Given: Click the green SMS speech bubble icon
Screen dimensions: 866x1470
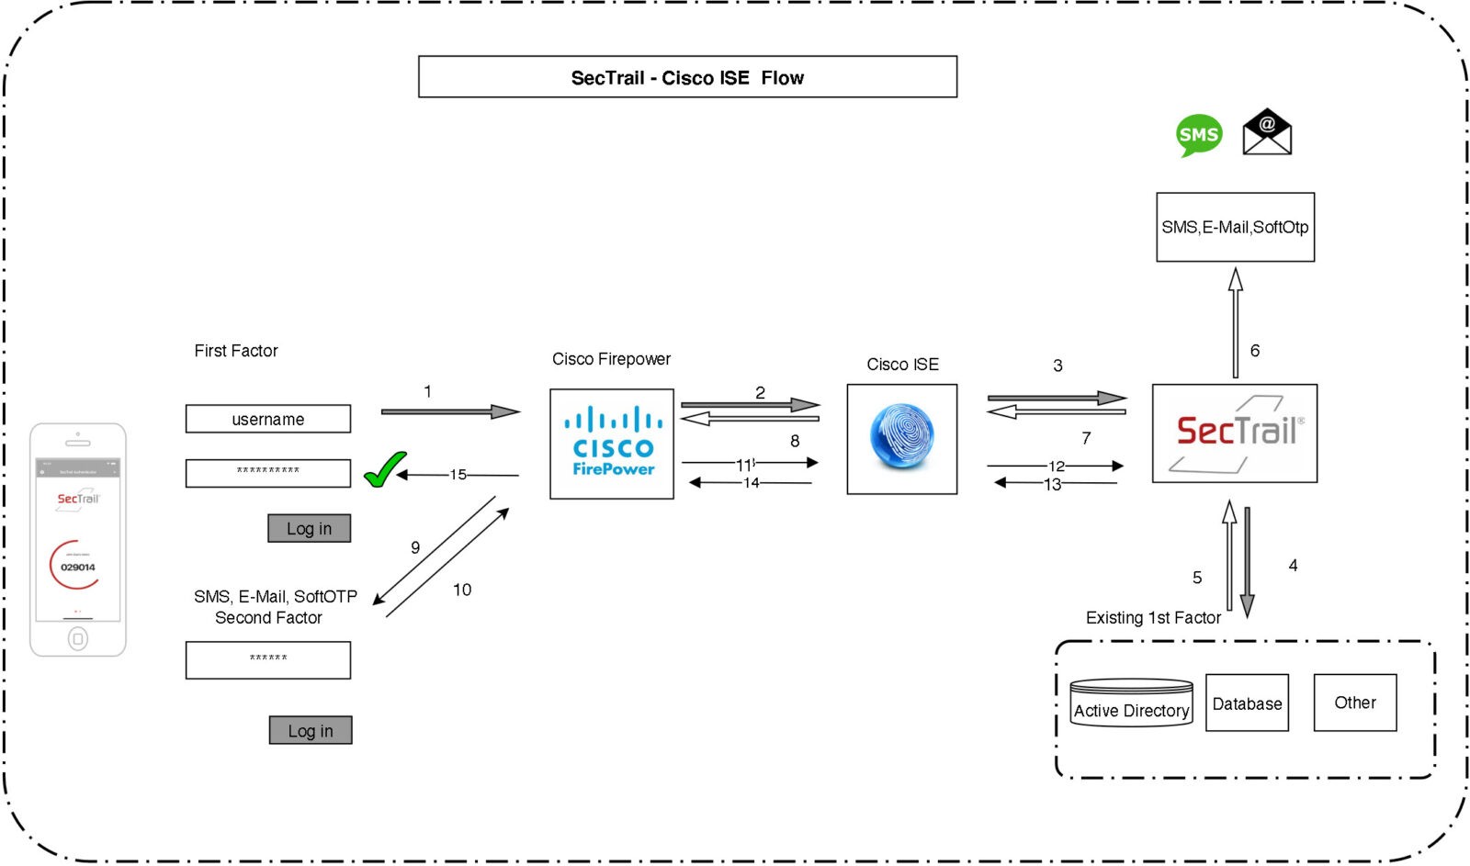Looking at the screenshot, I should coord(1199,135).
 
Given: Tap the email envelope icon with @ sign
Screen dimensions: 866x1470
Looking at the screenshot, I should coord(1267,132).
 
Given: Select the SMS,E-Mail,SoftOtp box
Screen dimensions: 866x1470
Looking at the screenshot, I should coord(1235,227).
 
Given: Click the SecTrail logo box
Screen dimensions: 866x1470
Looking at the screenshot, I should coord(1234,433).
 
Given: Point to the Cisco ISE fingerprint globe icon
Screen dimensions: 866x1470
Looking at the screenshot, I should coord(901,437).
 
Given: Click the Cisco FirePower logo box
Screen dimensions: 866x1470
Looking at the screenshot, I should coord(612,444).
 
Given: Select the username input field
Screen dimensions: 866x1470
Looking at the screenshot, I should coord(267,419).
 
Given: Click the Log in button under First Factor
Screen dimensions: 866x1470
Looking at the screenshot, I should coord(309,528).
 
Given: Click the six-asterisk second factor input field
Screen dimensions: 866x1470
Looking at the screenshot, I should coord(267,659).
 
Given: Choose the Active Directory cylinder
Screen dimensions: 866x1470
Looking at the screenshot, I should coord(1131,703).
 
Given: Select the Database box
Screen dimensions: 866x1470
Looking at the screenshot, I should coord(1247,703).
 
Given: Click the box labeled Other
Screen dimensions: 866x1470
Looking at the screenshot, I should coord(1354,703).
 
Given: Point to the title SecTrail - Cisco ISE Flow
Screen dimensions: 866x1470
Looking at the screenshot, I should coord(687,77).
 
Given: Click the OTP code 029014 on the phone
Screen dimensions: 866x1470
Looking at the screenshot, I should coord(78,568).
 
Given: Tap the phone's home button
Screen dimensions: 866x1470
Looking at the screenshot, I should coord(78,638).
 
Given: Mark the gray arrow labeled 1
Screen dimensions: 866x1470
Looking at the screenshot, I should coord(450,411).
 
